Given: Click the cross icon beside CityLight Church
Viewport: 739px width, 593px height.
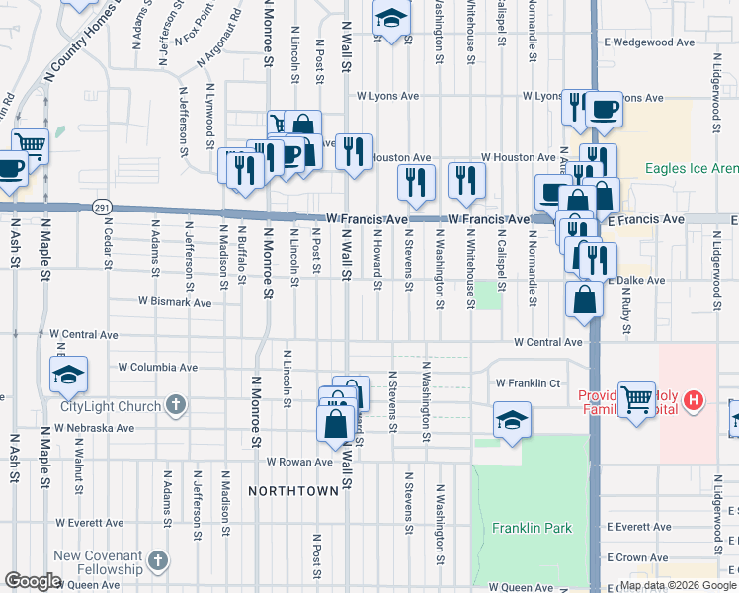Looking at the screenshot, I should tap(175, 405).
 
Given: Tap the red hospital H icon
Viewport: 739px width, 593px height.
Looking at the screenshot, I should tap(695, 399).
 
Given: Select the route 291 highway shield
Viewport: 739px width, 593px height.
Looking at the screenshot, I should tap(103, 207).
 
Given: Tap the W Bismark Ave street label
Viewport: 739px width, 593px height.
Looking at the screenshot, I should tap(175, 302).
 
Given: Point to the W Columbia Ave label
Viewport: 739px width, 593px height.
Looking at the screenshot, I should tap(157, 367).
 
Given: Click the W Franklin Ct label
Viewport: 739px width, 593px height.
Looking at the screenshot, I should tap(528, 382).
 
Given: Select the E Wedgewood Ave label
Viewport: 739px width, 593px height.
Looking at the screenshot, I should tap(650, 42).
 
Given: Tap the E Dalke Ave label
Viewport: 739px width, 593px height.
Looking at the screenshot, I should tap(636, 281).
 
